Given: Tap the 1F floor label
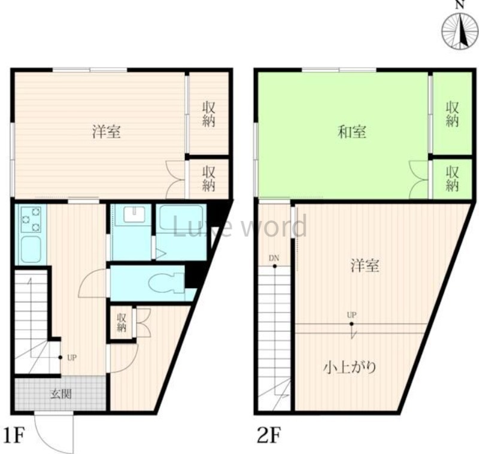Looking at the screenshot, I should point(14,435).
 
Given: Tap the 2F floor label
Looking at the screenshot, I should point(268,435).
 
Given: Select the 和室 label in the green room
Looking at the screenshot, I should point(352,132).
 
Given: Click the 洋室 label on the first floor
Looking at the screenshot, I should point(107,132).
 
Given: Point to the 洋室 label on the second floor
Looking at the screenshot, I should point(365,266).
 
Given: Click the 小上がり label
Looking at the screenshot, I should point(350,367).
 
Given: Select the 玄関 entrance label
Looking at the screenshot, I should point(59,394).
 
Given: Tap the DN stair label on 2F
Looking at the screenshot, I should point(274,258).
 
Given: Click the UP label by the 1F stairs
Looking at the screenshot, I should point(71,358).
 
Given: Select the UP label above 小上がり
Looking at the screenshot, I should point(351,314).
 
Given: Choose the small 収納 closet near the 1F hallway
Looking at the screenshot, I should point(122,323).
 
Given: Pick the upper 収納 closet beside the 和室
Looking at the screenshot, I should point(452,114).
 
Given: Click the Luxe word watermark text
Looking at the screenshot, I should point(239,228).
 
